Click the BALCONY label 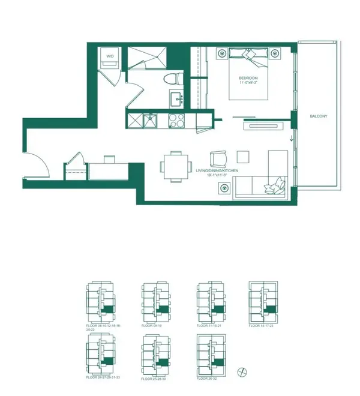click(318, 116)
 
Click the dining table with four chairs click(177, 164)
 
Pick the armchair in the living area click(218, 160)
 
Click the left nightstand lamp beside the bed click(221, 51)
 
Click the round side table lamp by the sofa click(224, 188)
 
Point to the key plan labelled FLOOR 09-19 click(153, 303)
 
